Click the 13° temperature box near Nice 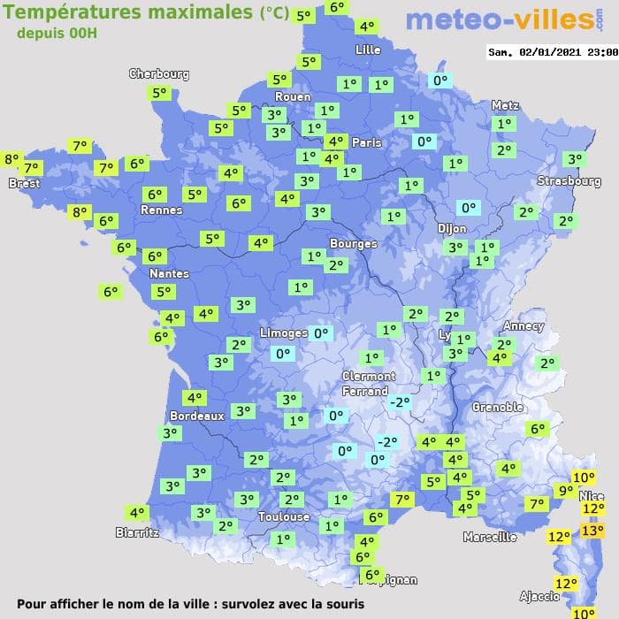click(x=592, y=531)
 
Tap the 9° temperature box click(x=565, y=491)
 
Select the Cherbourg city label click(x=159, y=74)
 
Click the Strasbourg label click(x=569, y=181)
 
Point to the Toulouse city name click(x=284, y=517)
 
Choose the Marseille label click(x=490, y=537)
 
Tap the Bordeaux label click(x=196, y=416)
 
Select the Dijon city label click(x=451, y=227)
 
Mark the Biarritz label click(x=137, y=532)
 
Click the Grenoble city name click(x=498, y=408)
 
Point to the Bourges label click(x=353, y=243)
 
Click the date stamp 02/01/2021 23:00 click(x=552, y=52)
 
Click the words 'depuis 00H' click(x=57, y=33)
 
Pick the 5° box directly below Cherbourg click(x=159, y=93)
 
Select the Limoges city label click(x=284, y=333)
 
